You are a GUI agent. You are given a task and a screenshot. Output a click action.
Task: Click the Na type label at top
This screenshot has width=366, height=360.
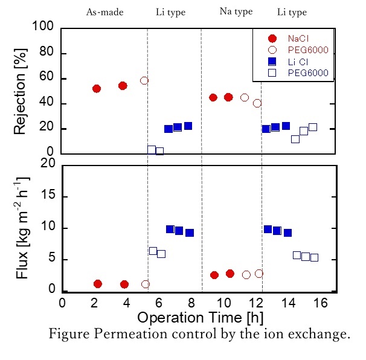[x=236, y=11]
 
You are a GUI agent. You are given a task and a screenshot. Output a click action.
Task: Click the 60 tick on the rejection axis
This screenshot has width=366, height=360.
[x=50, y=79]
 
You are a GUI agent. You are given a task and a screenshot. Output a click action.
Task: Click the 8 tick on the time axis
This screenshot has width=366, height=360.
[x=191, y=303]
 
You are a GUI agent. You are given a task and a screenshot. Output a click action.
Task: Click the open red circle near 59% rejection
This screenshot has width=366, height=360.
[x=144, y=80]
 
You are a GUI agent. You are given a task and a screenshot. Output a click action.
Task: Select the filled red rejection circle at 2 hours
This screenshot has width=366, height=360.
[x=97, y=88]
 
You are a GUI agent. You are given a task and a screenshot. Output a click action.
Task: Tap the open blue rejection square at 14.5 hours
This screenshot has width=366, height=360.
[x=295, y=139]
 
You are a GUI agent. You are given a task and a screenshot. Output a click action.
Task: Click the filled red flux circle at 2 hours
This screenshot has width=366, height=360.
[x=98, y=283]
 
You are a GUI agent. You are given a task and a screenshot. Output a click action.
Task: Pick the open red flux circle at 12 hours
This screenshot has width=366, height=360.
[x=259, y=274]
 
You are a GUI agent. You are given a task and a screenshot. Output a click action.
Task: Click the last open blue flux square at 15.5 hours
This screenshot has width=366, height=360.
[x=314, y=257]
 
